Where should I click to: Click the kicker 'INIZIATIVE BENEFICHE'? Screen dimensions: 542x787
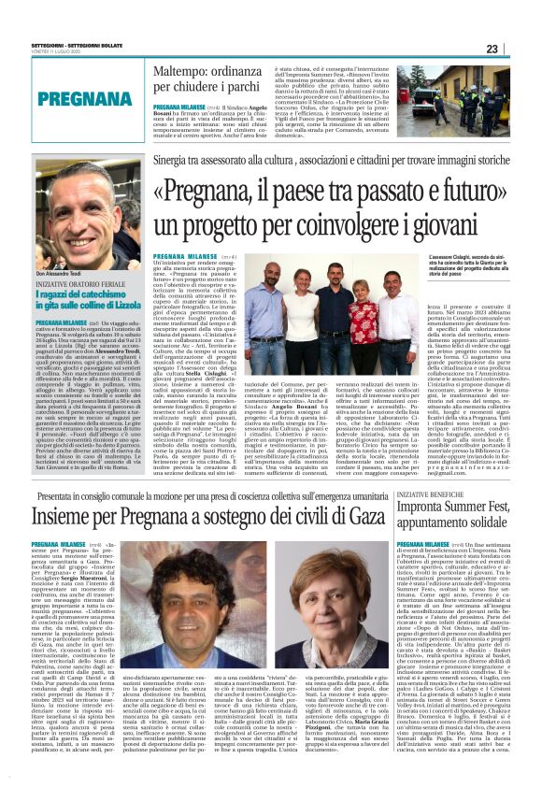coord(433,493)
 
